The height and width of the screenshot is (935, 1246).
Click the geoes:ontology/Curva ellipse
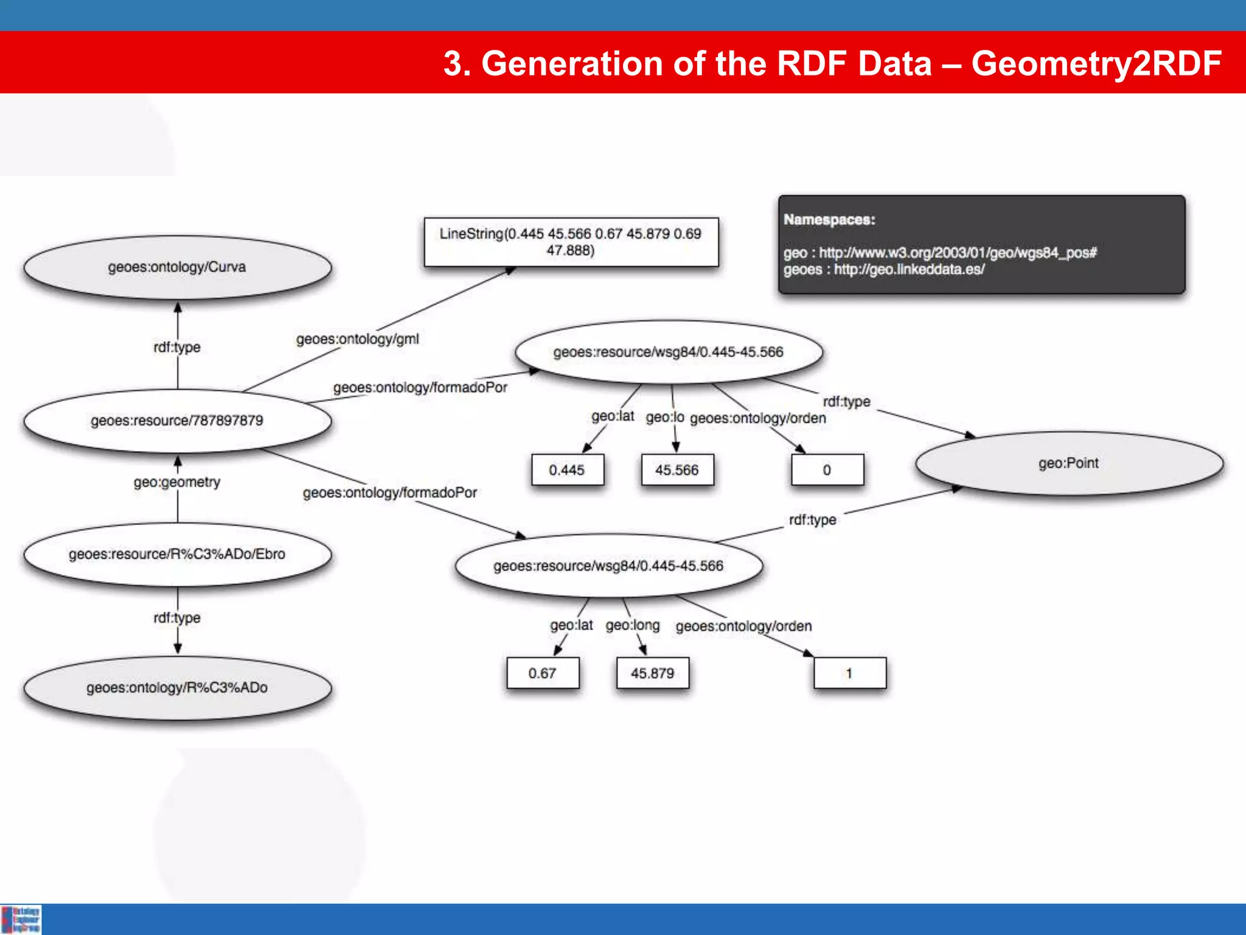point(177,267)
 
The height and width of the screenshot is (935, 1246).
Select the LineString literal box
point(571,242)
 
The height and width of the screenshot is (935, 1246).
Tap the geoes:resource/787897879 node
point(177,421)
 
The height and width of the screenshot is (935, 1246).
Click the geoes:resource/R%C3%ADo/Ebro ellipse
point(177,554)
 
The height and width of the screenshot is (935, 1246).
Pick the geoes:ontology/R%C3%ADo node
point(177,688)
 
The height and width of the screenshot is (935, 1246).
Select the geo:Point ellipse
point(1068,463)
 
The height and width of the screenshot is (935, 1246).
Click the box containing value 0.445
point(567,470)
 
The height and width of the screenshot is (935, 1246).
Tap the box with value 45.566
point(677,470)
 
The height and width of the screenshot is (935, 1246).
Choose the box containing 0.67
point(542,673)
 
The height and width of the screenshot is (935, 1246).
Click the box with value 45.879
point(652,673)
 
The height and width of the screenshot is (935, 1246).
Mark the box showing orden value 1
point(849,673)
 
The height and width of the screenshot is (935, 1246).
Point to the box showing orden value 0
point(827,470)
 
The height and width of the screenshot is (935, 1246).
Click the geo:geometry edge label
point(177,482)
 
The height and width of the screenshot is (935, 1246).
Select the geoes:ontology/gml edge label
point(358,339)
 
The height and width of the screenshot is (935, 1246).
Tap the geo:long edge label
point(633,625)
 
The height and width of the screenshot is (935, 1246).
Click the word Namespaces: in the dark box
point(829,220)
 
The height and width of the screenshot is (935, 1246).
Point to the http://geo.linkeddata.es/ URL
point(909,270)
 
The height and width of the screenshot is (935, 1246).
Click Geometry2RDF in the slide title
point(1096,63)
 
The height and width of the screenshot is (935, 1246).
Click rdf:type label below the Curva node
point(177,347)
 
